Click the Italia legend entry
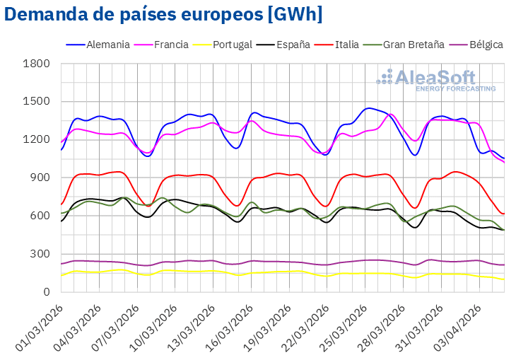(x=345, y=45)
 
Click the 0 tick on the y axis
(x=47, y=291)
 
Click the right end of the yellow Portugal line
(x=503, y=279)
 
